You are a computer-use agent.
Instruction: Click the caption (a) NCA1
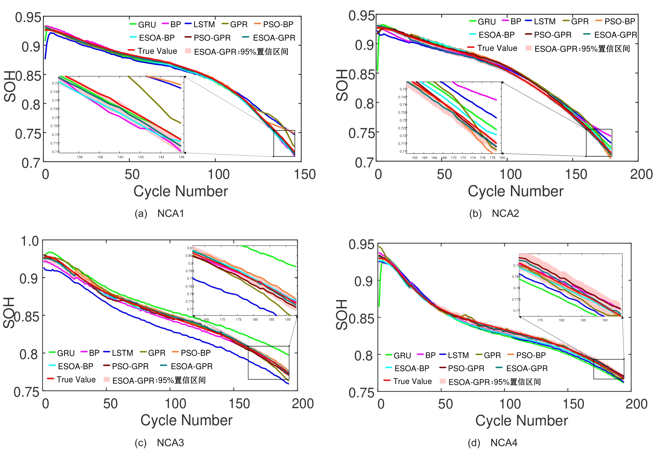coord(160,214)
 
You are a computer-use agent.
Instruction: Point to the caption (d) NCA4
coord(493,443)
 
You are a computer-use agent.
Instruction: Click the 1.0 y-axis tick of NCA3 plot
coord(30,241)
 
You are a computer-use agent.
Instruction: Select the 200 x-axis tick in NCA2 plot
coord(641,174)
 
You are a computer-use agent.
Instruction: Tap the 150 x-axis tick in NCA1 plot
coord(305,174)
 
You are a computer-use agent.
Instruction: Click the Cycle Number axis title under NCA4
coord(521,421)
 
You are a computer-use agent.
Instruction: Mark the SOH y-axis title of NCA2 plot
coord(342,85)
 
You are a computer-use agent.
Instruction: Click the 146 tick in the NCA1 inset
coord(181,157)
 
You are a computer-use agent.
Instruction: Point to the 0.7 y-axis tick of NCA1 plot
coord(31,163)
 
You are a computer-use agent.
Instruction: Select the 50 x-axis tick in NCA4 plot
coord(445,404)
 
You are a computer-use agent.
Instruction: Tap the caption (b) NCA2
coord(494,214)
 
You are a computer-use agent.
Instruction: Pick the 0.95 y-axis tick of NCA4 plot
coord(361,244)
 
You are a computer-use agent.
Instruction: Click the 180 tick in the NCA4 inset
coord(561,320)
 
